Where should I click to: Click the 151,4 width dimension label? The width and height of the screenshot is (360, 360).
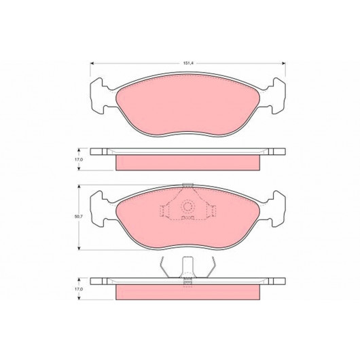pyautogui.click(x=188, y=63)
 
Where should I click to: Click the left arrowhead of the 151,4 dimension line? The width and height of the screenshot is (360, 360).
pyautogui.click(x=92, y=63)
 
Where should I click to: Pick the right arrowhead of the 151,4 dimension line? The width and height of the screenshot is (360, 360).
pyautogui.click(x=283, y=63)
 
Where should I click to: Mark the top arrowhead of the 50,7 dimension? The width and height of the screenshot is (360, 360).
pyautogui.click(x=79, y=187)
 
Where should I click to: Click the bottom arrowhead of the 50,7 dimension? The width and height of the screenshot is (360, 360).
pyautogui.click(x=79, y=248)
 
